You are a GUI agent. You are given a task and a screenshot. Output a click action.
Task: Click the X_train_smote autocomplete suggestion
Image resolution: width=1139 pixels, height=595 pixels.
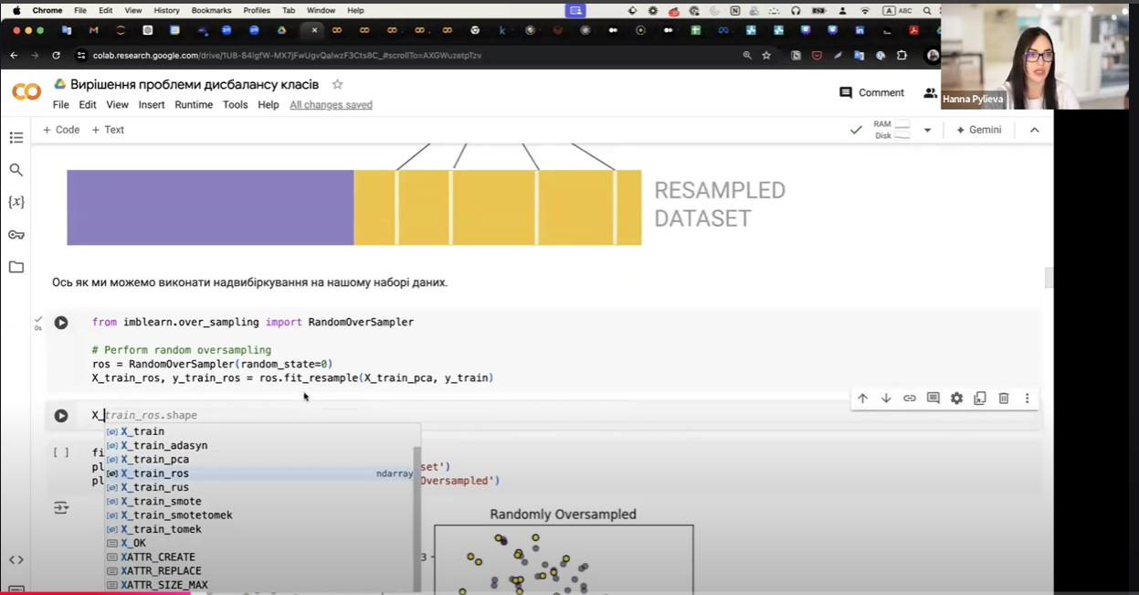tap(161, 501)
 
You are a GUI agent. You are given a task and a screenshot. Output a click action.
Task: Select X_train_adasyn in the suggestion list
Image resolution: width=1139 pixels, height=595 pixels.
tap(164, 445)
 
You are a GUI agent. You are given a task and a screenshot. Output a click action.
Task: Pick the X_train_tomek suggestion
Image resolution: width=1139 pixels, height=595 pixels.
tap(161, 529)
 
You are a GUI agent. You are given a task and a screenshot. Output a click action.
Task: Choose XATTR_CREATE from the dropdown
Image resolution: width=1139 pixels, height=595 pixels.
tap(158, 557)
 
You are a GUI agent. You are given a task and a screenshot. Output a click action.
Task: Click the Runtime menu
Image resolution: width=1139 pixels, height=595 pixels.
tap(194, 105)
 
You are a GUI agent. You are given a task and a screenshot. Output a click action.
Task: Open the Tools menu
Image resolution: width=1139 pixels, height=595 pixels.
tap(235, 105)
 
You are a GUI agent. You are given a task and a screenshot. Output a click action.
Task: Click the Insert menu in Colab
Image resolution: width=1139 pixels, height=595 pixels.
tap(152, 105)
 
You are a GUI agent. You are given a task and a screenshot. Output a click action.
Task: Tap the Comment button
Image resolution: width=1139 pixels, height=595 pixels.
tap(871, 92)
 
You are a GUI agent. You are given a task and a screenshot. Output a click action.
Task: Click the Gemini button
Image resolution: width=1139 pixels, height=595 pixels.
tap(978, 130)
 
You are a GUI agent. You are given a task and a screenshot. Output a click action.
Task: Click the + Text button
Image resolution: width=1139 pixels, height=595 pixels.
tap(108, 130)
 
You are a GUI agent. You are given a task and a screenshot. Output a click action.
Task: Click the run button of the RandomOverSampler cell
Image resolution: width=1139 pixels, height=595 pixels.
tap(61, 323)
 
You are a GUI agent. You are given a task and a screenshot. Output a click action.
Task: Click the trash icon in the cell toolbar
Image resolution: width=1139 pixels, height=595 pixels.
tap(1003, 398)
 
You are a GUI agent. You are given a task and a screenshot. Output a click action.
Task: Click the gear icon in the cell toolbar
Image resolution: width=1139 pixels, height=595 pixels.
tap(956, 398)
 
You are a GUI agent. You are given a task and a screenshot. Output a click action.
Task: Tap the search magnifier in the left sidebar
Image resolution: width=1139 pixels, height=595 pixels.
tap(16, 170)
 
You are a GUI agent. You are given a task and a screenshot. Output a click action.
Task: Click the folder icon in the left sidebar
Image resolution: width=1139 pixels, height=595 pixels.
tap(16, 267)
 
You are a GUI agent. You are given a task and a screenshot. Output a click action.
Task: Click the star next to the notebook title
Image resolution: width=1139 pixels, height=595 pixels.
tap(337, 84)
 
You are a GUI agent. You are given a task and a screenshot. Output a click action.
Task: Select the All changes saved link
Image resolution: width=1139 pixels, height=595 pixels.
tap(331, 105)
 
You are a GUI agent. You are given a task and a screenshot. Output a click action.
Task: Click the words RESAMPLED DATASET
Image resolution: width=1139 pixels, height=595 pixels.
tap(719, 204)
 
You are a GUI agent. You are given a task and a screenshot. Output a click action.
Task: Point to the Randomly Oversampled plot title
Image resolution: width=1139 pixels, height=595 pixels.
tap(563, 515)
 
